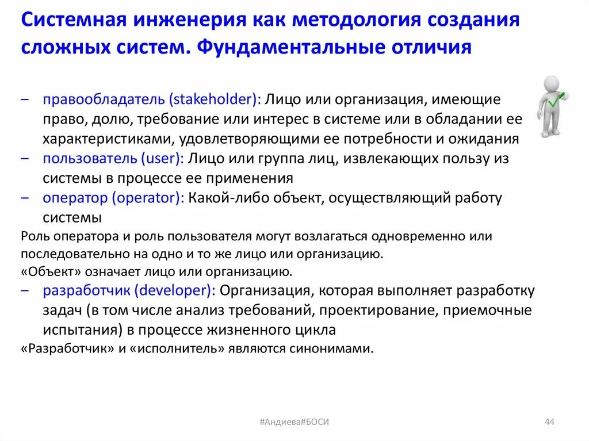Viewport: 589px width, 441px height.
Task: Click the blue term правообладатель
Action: coord(104,99)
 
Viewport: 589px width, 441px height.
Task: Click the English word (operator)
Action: coord(148,198)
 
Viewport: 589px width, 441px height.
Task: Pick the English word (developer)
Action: coord(175,291)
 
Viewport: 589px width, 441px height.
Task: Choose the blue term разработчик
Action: coord(86,291)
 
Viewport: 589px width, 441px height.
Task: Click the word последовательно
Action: coord(65,254)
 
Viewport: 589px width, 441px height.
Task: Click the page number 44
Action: coord(549,422)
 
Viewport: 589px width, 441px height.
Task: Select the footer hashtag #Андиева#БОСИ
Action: coord(294,422)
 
